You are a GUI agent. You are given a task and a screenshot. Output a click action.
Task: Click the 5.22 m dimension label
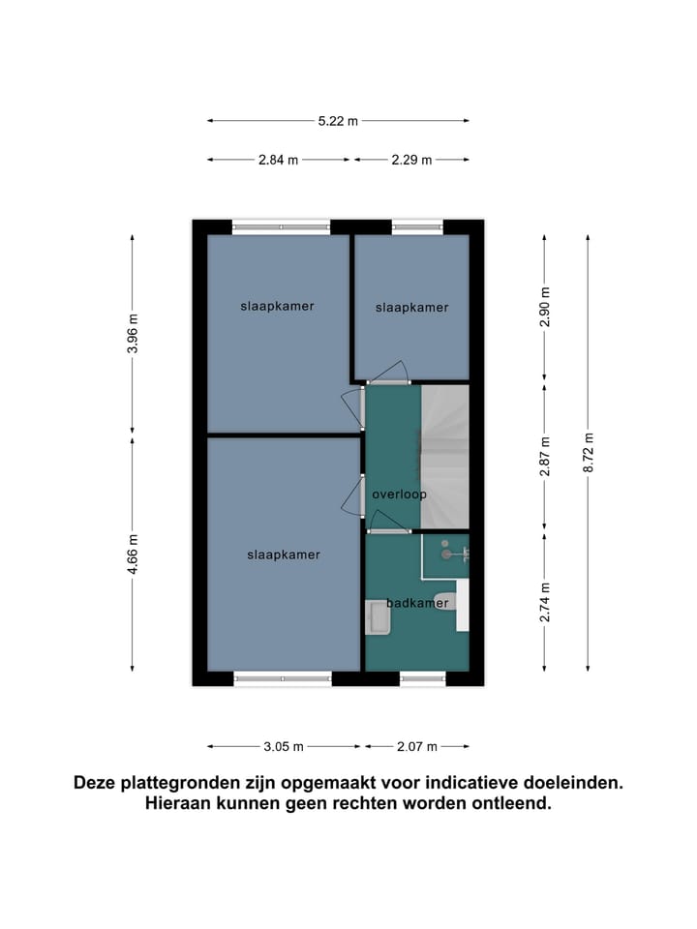(338, 121)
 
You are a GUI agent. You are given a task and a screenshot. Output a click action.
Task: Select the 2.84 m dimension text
(278, 161)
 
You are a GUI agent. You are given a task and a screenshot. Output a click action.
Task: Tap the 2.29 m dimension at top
(411, 161)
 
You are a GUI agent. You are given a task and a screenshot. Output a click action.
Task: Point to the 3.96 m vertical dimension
(133, 334)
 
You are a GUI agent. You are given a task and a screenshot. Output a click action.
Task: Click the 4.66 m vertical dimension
(133, 553)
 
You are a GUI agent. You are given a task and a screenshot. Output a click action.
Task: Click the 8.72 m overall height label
(588, 451)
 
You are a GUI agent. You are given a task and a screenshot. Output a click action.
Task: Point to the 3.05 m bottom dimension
(285, 746)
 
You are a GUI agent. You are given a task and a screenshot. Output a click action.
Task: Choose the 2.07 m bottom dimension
(417, 746)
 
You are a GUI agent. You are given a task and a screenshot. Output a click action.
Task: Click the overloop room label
(399, 494)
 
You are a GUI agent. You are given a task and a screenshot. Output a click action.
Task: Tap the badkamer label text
(417, 603)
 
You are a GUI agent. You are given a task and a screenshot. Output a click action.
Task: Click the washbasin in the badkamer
(376, 617)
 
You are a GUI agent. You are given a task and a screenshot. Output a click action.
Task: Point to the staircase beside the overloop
(444, 455)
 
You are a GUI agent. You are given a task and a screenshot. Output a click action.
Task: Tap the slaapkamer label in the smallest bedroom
(411, 308)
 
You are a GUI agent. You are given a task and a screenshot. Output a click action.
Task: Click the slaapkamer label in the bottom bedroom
(283, 555)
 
